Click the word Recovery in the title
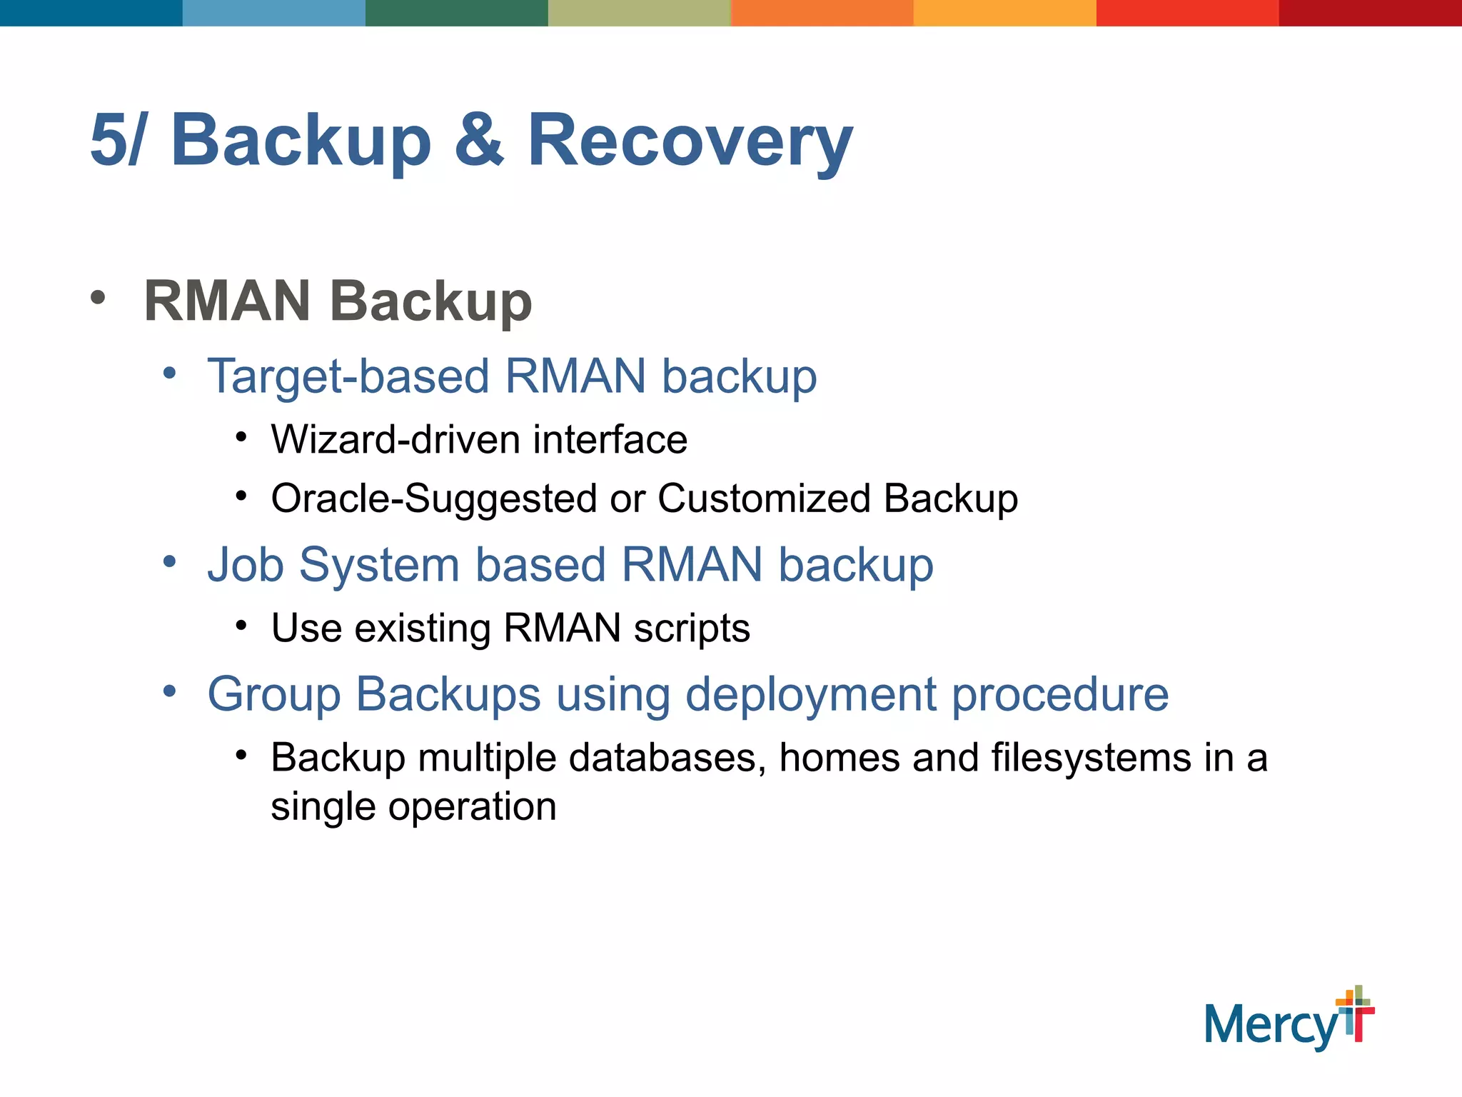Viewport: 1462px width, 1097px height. [689, 141]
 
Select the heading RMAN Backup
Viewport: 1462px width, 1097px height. [338, 301]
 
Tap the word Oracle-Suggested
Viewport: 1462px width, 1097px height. [433, 499]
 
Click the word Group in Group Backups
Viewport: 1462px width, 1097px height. [273, 694]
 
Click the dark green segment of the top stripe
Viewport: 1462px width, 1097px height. [456, 13]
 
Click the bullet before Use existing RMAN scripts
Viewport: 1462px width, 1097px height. [241, 626]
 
